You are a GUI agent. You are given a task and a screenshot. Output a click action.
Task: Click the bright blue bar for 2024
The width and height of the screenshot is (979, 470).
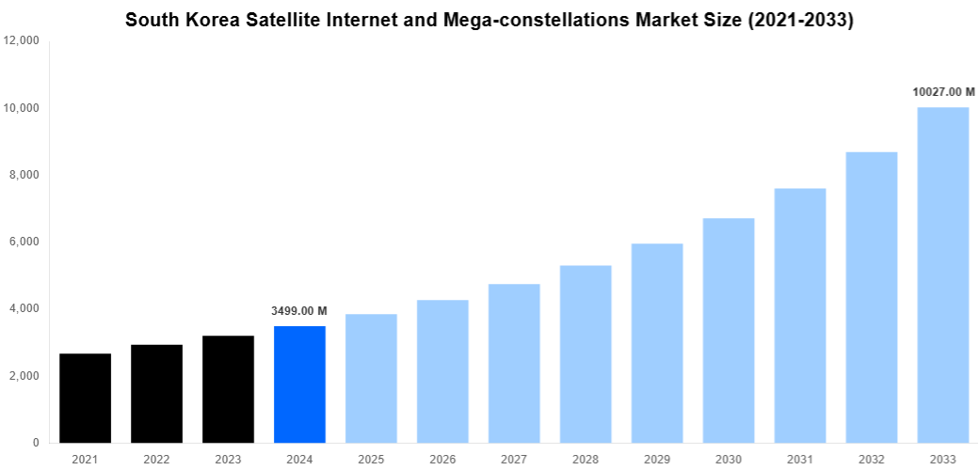pyautogui.click(x=299, y=384)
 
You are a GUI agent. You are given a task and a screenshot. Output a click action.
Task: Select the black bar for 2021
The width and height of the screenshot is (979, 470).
pyautogui.click(x=85, y=398)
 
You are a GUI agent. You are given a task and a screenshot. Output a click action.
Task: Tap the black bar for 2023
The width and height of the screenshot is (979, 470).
pyautogui.click(x=228, y=389)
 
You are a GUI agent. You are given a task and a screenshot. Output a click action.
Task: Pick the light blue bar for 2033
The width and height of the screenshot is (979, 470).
pyautogui.click(x=942, y=274)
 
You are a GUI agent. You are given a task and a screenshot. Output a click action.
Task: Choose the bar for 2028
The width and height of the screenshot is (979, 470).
pyautogui.click(x=586, y=353)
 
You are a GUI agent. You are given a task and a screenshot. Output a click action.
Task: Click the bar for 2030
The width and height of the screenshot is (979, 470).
pyautogui.click(x=729, y=330)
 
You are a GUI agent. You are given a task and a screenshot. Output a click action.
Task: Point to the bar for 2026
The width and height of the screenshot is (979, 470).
pyautogui.click(x=442, y=371)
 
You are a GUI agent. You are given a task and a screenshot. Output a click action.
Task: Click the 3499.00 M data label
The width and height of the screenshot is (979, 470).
pyautogui.click(x=299, y=311)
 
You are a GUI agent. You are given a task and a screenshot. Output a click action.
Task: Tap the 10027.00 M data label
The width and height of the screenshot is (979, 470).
pyautogui.click(x=943, y=92)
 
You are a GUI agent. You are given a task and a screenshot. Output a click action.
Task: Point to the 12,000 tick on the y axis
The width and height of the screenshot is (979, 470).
pyautogui.click(x=21, y=41)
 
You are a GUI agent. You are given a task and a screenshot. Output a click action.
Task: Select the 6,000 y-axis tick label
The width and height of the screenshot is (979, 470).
pyautogui.click(x=24, y=242)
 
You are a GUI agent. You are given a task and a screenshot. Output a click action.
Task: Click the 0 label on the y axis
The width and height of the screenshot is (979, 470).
pyautogui.click(x=35, y=443)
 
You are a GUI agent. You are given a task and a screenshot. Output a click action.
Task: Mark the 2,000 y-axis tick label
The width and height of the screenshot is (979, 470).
pyautogui.click(x=24, y=376)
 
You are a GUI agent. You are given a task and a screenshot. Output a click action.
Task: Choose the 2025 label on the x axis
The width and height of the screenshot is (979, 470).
pyautogui.click(x=371, y=458)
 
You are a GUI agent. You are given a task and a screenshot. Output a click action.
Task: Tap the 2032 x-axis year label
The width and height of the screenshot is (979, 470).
pyautogui.click(x=872, y=458)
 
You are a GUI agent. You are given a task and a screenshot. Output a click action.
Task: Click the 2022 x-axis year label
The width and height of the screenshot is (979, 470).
pyautogui.click(x=156, y=458)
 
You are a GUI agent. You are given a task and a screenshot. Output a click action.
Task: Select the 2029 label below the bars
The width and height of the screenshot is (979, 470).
pyautogui.click(x=657, y=458)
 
